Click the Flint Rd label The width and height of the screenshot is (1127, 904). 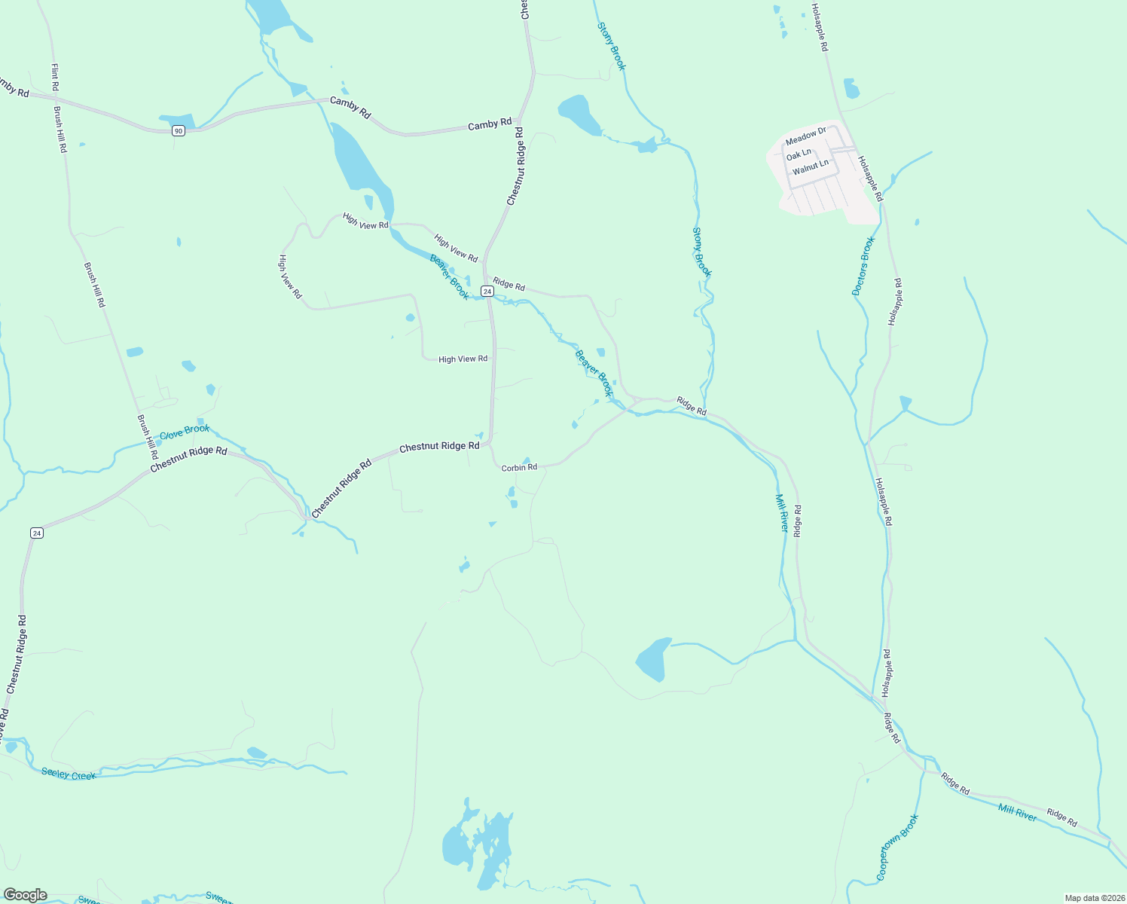55,78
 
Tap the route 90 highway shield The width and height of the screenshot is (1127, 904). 178,131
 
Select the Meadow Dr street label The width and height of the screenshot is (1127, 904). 805,136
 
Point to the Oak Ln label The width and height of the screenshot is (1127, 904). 799,154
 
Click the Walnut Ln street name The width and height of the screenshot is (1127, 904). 810,166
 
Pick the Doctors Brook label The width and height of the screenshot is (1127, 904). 863,266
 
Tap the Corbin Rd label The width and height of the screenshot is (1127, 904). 519,468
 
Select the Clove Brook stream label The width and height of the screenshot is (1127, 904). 185,432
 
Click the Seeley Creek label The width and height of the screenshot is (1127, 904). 69,774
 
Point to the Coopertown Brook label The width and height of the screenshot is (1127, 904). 897,847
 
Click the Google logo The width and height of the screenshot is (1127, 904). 26,895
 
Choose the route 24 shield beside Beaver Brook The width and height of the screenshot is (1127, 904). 487,291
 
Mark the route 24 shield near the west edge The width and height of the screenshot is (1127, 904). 37,533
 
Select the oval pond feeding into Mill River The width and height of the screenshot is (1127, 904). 652,659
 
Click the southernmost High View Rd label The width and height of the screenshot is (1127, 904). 463,359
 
